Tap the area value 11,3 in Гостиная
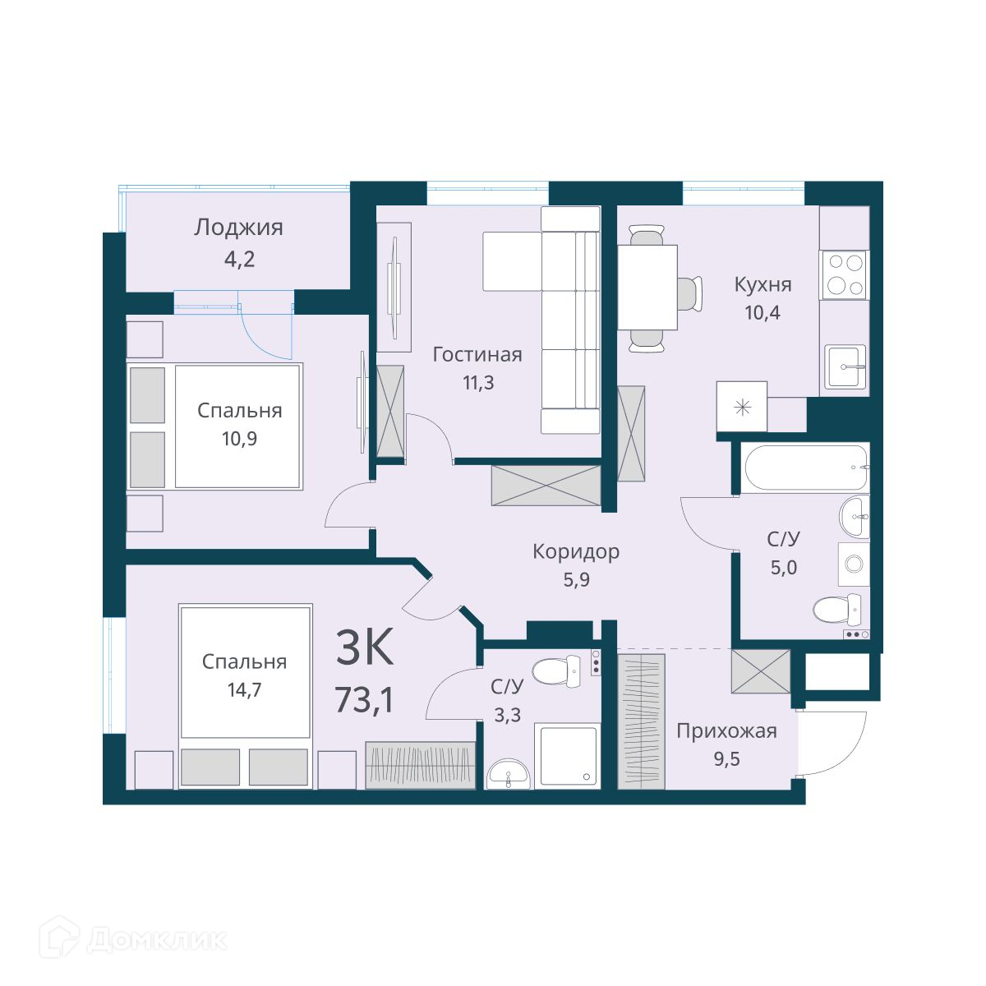click(478, 382)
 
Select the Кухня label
click(763, 284)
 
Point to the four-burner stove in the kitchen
click(845, 275)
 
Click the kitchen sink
click(845, 366)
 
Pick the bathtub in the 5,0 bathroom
click(806, 468)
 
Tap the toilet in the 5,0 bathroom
click(841, 610)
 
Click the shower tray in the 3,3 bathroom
click(566, 756)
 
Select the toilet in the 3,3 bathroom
click(555, 670)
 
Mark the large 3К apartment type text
click(364, 647)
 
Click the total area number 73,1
click(364, 700)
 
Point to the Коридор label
click(576, 551)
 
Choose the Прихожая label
click(726, 731)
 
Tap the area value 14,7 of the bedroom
click(244, 689)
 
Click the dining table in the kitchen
click(647, 287)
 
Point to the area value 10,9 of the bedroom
click(239, 439)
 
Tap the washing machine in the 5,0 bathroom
click(854, 564)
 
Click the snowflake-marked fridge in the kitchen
click(741, 407)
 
